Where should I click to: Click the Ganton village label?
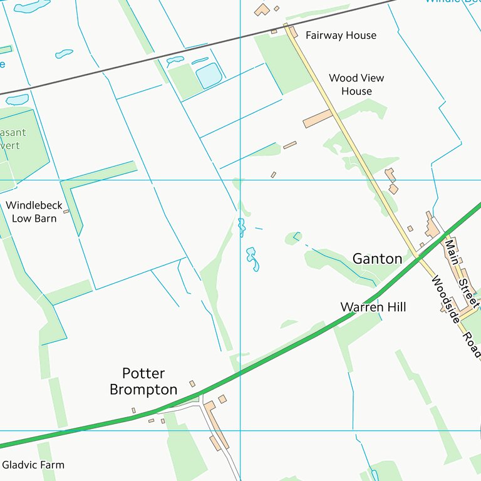point(377,259)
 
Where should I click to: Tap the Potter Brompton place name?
point(143,381)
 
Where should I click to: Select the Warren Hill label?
point(373,307)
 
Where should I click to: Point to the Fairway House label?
point(341,35)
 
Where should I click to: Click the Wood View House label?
point(356,85)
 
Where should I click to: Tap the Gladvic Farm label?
point(33,465)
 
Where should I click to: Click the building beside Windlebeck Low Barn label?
point(66,212)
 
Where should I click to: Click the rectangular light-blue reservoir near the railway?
point(209,75)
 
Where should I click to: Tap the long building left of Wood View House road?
point(317,119)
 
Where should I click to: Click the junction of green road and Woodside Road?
point(418,257)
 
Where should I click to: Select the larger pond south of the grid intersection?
point(252,259)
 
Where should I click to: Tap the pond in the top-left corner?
point(31,6)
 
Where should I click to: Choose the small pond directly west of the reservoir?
point(175,61)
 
